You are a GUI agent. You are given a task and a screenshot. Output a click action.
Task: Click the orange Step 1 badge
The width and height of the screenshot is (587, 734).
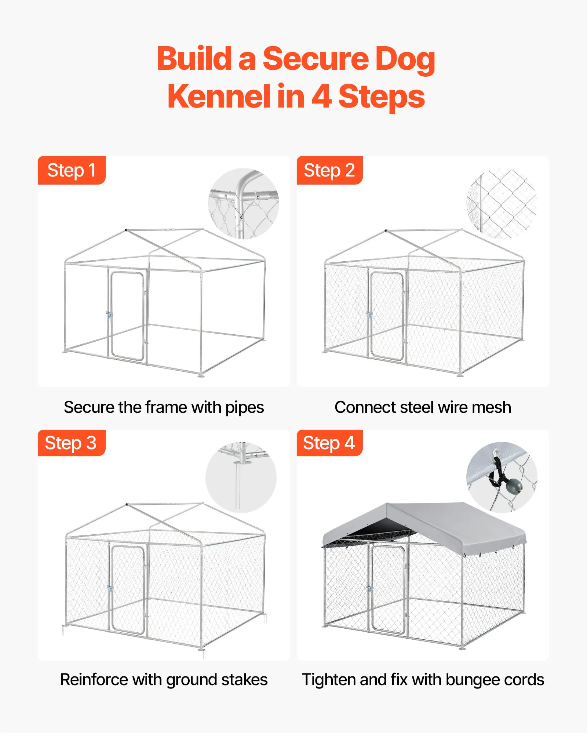[72, 170]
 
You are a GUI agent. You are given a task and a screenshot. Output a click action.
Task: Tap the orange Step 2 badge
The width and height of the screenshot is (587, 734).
[329, 170]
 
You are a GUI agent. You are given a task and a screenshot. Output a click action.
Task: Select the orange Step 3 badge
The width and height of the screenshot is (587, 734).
[72, 443]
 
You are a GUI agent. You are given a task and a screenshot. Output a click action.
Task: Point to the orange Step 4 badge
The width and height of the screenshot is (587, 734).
[329, 443]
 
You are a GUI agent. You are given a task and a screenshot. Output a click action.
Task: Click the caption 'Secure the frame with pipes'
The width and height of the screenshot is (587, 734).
[164, 407]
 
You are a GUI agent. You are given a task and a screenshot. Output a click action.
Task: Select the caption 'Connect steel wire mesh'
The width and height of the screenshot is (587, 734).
[423, 407]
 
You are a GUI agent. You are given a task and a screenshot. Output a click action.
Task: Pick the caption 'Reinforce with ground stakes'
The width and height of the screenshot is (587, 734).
[164, 680]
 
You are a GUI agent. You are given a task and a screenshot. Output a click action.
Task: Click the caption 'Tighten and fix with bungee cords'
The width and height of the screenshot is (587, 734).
[423, 680]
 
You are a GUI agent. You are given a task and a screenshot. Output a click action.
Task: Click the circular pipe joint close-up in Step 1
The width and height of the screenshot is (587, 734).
[244, 204]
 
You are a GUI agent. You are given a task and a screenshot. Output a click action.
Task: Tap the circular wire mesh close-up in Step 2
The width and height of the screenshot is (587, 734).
[502, 204]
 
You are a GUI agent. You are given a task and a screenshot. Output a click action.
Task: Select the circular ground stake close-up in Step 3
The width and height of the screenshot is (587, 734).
[241, 477]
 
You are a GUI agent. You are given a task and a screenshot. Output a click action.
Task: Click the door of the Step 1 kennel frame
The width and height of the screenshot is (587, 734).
[127, 316]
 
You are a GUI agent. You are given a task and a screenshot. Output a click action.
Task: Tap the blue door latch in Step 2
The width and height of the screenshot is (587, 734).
[369, 315]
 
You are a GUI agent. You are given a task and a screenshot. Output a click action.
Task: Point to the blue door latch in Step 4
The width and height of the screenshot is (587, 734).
[370, 589]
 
